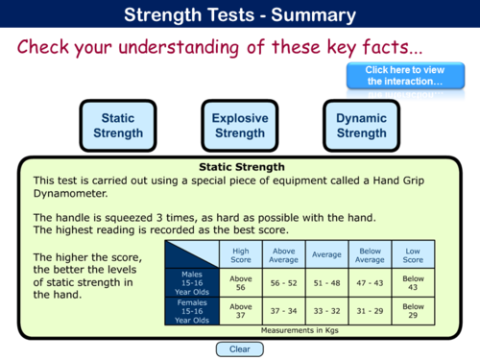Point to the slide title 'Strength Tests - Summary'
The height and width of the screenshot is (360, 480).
[240, 14]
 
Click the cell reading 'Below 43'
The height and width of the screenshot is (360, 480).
[413, 284]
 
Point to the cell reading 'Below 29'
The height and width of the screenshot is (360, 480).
[413, 311]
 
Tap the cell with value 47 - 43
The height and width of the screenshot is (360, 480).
[369, 284]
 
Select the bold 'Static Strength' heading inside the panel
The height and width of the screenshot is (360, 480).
[240, 166]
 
